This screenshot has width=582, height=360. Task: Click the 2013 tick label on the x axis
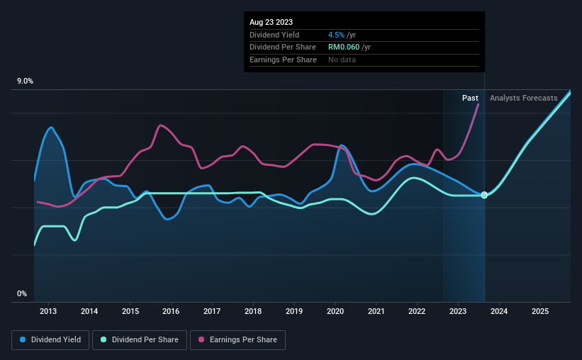(48, 311)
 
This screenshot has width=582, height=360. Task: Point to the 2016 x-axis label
(171, 311)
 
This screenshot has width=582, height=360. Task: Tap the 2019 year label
(294, 311)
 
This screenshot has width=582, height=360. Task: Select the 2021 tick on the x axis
(376, 311)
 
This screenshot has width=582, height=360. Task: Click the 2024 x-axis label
(499, 311)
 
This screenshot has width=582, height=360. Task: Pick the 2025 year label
(540, 311)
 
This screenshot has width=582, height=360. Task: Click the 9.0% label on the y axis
(26, 81)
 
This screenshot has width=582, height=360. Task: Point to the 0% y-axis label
(22, 293)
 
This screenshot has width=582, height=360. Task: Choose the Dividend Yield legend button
(50, 340)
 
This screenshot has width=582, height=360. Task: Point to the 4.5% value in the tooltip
(336, 35)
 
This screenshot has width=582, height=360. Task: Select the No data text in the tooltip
(342, 60)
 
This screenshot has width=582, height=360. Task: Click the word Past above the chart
(470, 98)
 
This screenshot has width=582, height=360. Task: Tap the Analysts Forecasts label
(523, 98)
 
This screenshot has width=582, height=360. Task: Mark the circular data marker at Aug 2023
(484, 195)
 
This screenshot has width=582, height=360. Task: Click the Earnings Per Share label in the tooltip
(283, 60)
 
